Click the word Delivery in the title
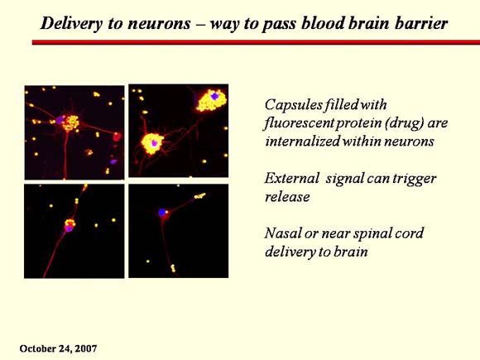[x=70, y=23]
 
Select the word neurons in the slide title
[x=159, y=24]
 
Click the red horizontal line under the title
[x=256, y=42]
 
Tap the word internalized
[x=302, y=142]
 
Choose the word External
[x=291, y=178]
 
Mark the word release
[x=287, y=197]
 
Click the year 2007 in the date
[x=86, y=348]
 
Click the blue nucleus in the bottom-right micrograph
[x=162, y=212]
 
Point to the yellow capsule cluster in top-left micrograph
[x=70, y=122]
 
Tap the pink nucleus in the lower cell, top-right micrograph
[x=155, y=142]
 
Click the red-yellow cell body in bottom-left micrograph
[x=70, y=226]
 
